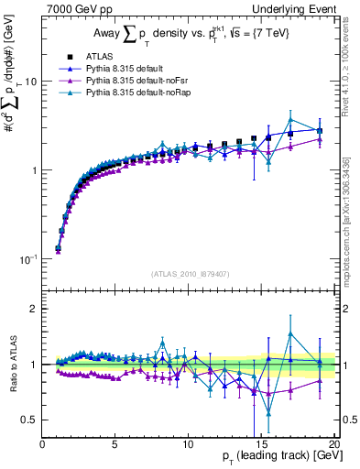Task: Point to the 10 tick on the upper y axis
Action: click(31, 82)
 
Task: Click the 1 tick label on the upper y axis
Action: click(34, 170)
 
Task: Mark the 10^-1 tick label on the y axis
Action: click(29, 260)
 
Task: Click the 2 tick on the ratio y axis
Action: click(34, 309)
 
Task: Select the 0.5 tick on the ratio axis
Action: click(29, 420)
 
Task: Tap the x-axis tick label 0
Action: click(43, 444)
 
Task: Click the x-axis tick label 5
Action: click(115, 444)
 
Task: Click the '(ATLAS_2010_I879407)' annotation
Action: click(189, 274)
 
